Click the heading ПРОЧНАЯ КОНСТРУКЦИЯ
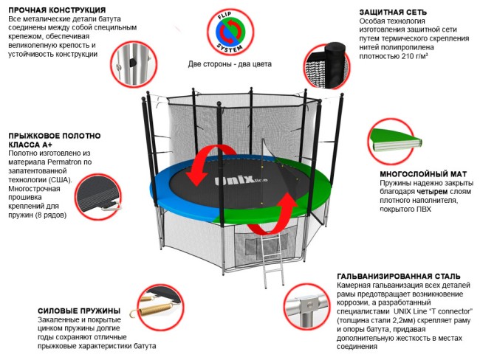(x=55, y=10)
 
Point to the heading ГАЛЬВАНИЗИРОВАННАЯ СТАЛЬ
(x=397, y=275)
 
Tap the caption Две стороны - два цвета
(x=230, y=64)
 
